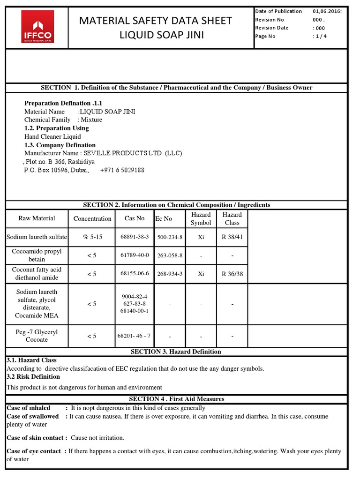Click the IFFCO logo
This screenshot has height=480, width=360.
coord(37,27)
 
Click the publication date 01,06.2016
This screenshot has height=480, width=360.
coord(327,11)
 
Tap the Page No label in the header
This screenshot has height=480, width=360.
coord(265,37)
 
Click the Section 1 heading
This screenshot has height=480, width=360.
coord(176,88)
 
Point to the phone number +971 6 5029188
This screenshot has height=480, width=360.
coord(122,170)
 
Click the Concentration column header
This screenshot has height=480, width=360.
coord(92,218)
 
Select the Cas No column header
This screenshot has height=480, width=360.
coord(135,218)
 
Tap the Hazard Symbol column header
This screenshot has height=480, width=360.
coord(201,218)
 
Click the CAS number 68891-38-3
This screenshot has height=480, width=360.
coord(135,237)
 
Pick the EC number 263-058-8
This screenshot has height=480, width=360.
coord(170,255)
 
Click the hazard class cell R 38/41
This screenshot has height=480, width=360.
coord(232,237)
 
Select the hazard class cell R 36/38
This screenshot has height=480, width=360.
coord(232,274)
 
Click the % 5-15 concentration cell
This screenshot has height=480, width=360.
coord(92,237)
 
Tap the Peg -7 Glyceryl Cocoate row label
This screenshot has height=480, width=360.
coord(37,336)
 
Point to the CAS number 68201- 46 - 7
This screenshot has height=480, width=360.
coord(135,336)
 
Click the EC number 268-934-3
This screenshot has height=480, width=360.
coord(170,274)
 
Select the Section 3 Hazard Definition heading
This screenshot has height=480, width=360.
coord(176,352)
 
